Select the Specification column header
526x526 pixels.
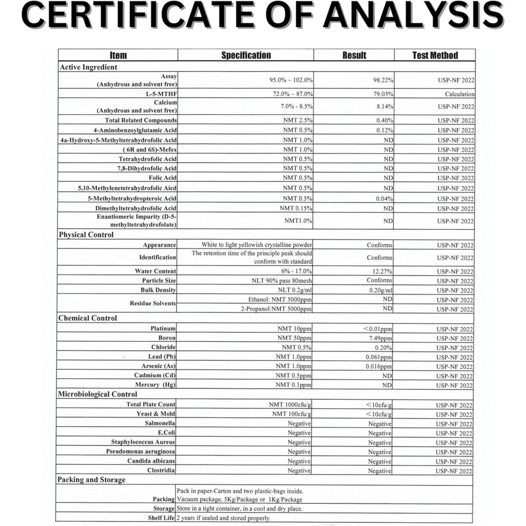click(246, 55)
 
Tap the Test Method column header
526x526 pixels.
click(434, 55)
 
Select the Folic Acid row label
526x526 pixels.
click(163, 178)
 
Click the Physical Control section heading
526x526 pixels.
click(86, 235)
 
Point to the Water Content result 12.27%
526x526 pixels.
click(381, 271)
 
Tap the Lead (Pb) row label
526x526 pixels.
click(162, 357)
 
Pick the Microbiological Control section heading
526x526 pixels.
click(97, 394)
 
